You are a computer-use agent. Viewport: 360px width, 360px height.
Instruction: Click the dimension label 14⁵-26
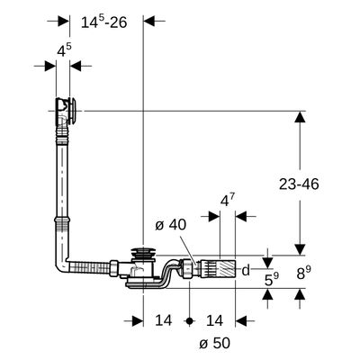coord(104,22)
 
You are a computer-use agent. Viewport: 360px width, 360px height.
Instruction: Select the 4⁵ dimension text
coord(64,50)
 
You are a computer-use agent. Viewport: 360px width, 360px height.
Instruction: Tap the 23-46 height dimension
coord(299,184)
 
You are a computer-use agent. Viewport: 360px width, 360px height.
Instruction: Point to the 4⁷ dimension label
coord(228,201)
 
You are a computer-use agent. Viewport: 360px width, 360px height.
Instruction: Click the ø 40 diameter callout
coord(171,225)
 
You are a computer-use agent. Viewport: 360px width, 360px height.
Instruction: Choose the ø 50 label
coord(214,343)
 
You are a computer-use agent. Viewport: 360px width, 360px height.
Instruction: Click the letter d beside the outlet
coord(246,270)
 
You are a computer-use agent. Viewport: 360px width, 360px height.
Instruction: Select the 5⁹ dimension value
coord(272,279)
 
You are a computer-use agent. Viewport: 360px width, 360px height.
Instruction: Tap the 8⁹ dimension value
coord(303,273)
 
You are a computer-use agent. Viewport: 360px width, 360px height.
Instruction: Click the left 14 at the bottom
coord(164,320)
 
